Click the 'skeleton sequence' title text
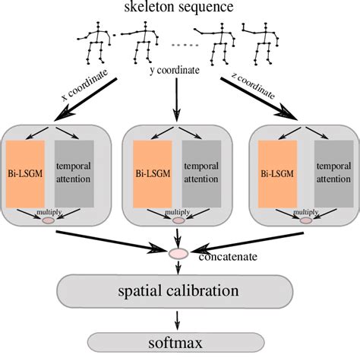[x=178, y=7]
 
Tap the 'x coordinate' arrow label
[x=85, y=85]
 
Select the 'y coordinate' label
[x=175, y=71]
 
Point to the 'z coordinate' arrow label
[x=253, y=86]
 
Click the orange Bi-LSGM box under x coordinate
[x=25, y=174]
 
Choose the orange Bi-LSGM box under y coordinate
[x=153, y=174]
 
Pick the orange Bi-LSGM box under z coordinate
[x=277, y=174]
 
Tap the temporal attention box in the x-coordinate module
[x=74, y=174]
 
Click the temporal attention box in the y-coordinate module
[x=201, y=174]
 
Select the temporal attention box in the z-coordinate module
[x=334, y=174]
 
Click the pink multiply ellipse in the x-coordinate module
[x=49, y=220]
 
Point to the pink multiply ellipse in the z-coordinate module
[x=306, y=220]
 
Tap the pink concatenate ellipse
[x=178, y=254]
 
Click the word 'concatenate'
[x=228, y=257]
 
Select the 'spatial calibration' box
[x=175, y=291]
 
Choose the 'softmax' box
[x=176, y=343]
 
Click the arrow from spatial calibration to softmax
[x=178, y=321]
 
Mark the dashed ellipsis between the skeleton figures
[x=185, y=46]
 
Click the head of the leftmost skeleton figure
[x=98, y=23]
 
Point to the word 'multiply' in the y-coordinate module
[x=177, y=212]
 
